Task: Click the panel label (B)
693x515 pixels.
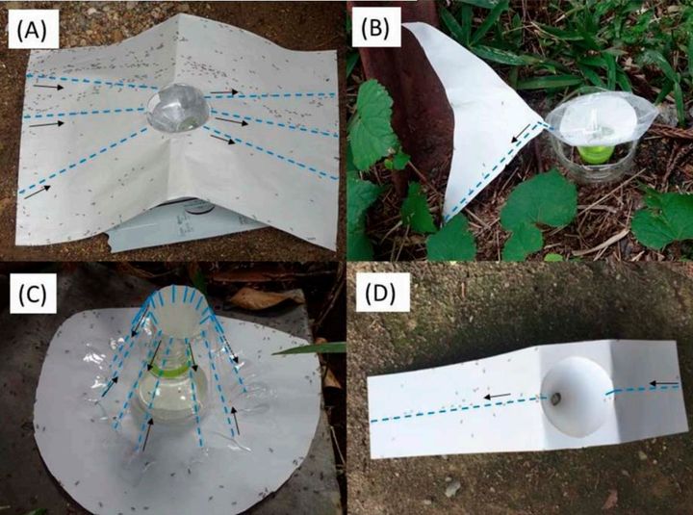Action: click(x=375, y=30)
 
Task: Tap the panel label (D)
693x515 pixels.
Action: click(x=380, y=293)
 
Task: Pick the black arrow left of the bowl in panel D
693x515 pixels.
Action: click(x=498, y=396)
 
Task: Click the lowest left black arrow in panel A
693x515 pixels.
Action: click(x=38, y=193)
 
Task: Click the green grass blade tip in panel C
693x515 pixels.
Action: click(x=273, y=353)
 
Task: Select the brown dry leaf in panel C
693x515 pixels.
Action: click(x=267, y=298)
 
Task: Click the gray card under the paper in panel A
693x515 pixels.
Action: click(x=186, y=225)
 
